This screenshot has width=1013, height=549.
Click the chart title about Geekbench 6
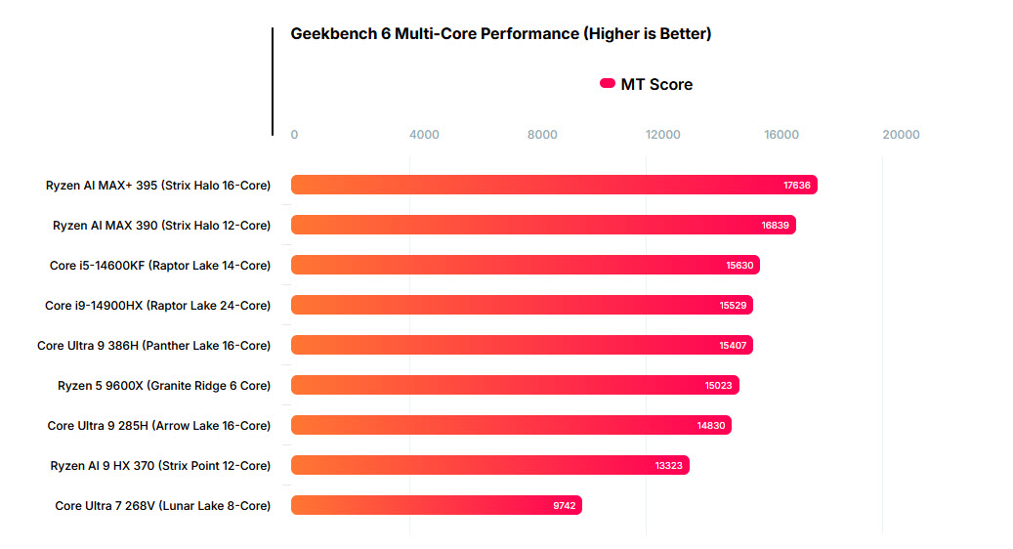click(x=500, y=34)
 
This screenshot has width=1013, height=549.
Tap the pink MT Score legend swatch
click(x=607, y=84)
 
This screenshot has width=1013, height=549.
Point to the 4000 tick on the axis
click(x=424, y=135)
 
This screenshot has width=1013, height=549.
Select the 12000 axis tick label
click(x=663, y=135)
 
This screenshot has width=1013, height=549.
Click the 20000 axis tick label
click(x=901, y=135)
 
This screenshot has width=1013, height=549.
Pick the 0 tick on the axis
click(x=295, y=135)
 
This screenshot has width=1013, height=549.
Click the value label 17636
click(x=797, y=185)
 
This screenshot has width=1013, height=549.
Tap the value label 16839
click(x=776, y=225)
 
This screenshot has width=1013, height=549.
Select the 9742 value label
click(x=564, y=505)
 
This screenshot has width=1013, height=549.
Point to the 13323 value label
click(x=669, y=465)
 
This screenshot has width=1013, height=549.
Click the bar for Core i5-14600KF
click(x=525, y=265)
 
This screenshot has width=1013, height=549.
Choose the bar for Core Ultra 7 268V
click(x=436, y=505)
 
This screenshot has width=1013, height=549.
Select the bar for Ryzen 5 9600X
click(x=515, y=385)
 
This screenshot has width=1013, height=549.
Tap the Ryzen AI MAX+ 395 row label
click(x=158, y=185)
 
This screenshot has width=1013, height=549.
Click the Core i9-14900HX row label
click(x=157, y=305)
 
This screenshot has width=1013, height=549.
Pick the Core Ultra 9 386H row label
click(x=153, y=345)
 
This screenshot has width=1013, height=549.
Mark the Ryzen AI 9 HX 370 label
click(x=160, y=465)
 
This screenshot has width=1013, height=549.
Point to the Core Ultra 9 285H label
click(x=158, y=425)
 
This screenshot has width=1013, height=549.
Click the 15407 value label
click(x=733, y=345)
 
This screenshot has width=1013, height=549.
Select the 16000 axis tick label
click(x=781, y=135)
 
